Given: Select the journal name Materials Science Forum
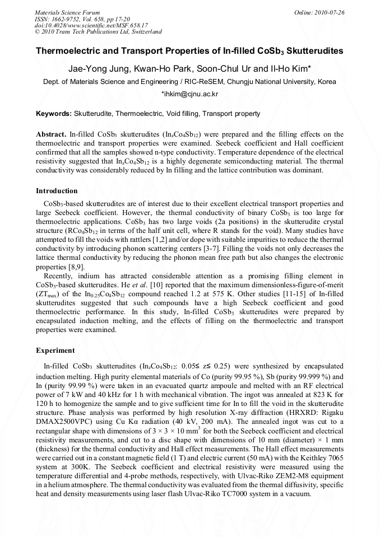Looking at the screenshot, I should (67, 12).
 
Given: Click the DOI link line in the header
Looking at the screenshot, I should (91, 25).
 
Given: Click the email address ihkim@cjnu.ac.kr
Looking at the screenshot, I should (189, 95).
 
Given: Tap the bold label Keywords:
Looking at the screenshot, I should (54, 114).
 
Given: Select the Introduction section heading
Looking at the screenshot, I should (57, 191).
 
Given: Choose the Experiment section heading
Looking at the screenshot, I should (55, 351).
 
